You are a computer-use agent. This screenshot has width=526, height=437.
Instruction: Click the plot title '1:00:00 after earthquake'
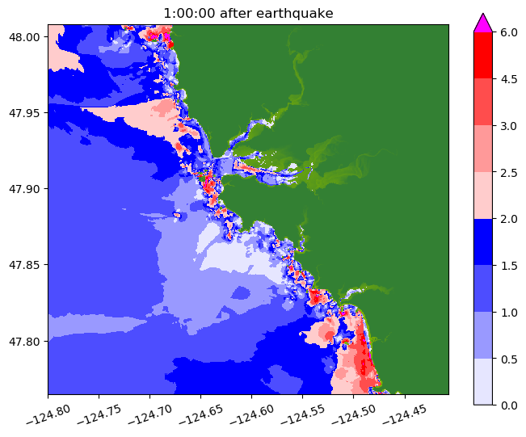click(x=248, y=13)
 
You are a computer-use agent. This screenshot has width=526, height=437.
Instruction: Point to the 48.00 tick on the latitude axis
click(x=27, y=36)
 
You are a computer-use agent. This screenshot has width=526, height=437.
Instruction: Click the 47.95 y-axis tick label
click(x=27, y=112)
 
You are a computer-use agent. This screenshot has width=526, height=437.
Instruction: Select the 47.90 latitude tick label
click(x=27, y=188)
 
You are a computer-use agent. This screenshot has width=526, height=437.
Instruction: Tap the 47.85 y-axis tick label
click(x=27, y=264)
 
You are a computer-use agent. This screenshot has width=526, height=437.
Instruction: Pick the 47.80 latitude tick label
click(x=27, y=340)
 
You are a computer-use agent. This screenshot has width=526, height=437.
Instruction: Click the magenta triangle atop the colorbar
click(x=482, y=23)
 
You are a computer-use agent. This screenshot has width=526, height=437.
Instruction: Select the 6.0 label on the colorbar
click(x=509, y=32)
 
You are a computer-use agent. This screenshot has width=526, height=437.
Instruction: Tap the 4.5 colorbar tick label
click(x=509, y=79)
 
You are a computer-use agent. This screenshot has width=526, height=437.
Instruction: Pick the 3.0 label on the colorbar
click(x=509, y=125)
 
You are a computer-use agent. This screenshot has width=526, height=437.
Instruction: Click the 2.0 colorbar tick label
click(x=509, y=218)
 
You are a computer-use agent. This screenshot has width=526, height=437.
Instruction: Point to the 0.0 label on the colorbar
click(x=509, y=404)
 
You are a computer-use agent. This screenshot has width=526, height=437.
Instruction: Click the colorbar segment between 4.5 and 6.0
click(x=482, y=56)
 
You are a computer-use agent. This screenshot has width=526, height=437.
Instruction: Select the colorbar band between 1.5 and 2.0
click(x=482, y=242)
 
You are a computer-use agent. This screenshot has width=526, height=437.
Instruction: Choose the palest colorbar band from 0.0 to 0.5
click(x=482, y=380)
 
